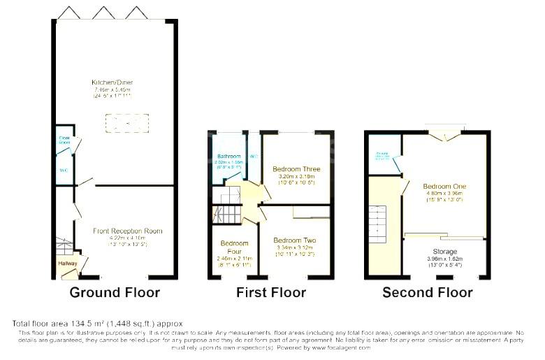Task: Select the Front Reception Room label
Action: click(x=128, y=231)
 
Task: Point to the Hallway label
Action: click(x=68, y=263)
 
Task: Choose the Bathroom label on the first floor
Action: click(x=228, y=156)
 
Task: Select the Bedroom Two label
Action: click(x=294, y=240)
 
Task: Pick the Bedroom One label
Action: click(x=443, y=186)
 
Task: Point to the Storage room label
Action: click(x=444, y=252)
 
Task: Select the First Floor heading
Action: click(x=270, y=292)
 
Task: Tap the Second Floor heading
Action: click(x=427, y=292)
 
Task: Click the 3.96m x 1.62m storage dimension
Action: click(x=444, y=259)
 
